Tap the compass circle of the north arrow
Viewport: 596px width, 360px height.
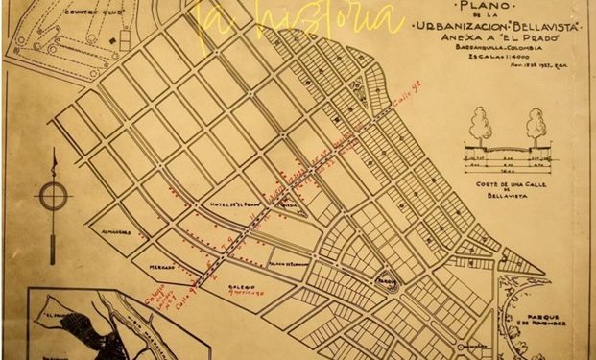pos(53,196)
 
